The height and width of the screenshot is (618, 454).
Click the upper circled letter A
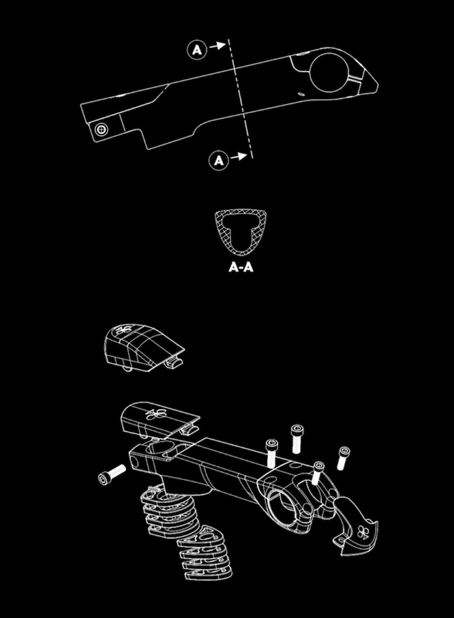197,50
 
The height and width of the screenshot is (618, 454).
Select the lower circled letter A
219,161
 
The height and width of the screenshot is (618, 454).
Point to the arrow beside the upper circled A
218,46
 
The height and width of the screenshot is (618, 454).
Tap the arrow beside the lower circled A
239,157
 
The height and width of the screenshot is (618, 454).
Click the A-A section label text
241,267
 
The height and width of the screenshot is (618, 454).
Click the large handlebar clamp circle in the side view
310,73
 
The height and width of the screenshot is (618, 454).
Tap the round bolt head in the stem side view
102,129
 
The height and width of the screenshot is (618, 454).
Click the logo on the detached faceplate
362,533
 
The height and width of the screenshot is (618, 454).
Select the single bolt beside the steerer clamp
112,474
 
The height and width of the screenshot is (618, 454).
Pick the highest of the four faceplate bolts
297,439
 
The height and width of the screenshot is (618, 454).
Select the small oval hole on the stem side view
300,94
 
